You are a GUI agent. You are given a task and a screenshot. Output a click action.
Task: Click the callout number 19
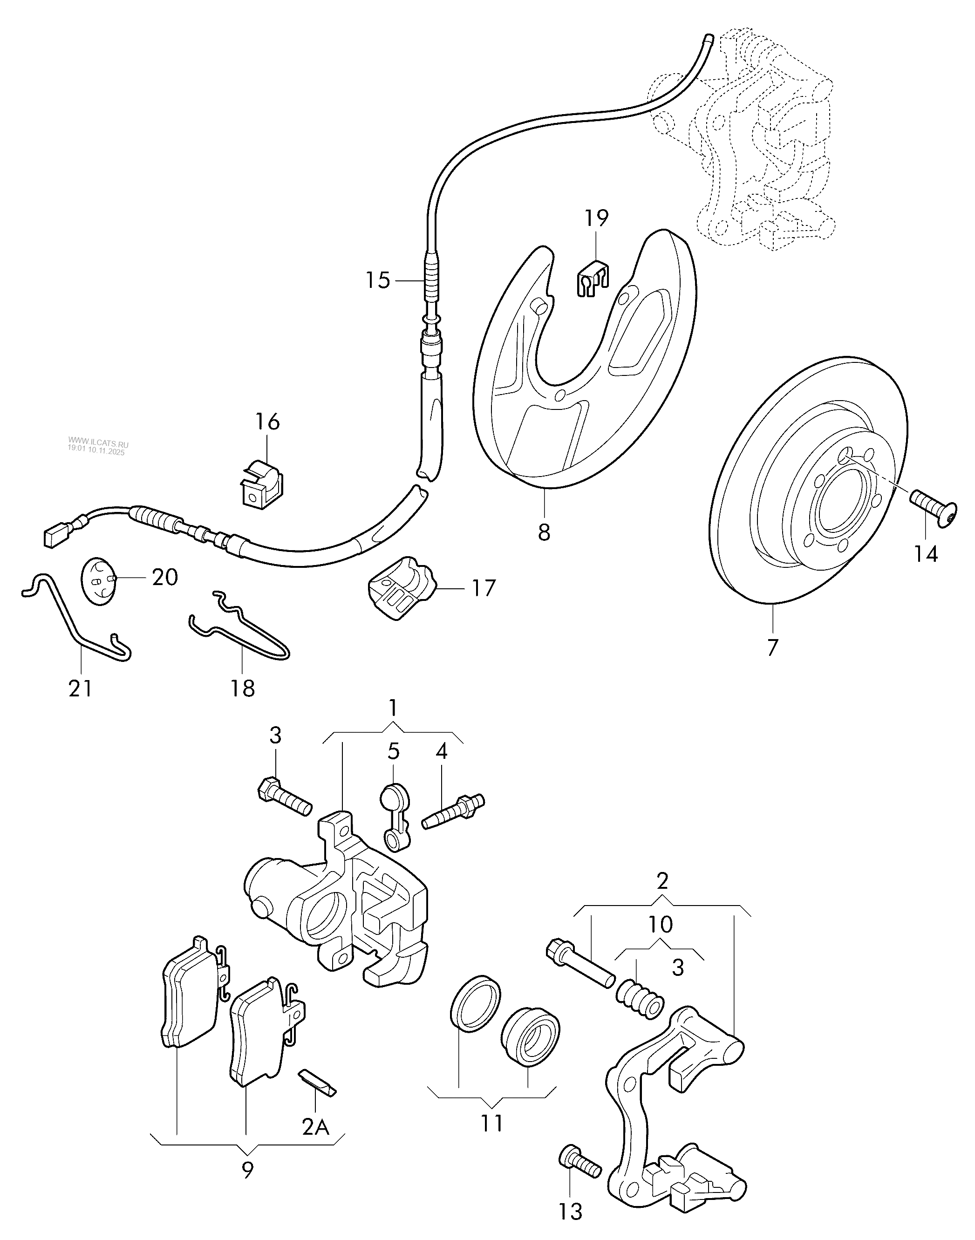pyautogui.click(x=596, y=218)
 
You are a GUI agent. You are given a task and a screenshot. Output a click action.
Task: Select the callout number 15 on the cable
pyautogui.click(x=378, y=280)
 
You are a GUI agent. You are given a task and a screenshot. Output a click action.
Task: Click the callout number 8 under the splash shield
pyautogui.click(x=544, y=532)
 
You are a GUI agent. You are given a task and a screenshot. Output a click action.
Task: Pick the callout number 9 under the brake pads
pyautogui.click(x=247, y=1170)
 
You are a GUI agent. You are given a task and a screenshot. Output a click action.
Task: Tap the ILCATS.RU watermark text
pyautogui.click(x=99, y=443)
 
